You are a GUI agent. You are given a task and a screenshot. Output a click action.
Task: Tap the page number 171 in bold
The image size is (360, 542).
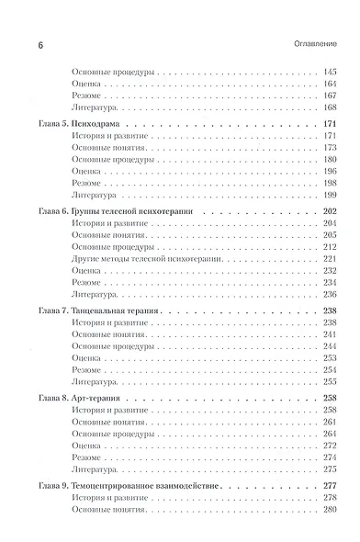[332, 124]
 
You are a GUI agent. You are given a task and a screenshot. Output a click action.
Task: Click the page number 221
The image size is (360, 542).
[332, 259]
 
